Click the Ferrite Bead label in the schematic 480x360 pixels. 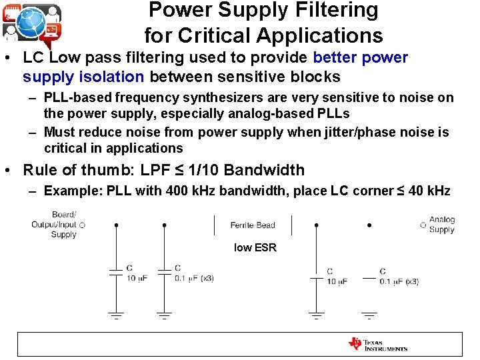253,225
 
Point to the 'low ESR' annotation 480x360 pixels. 255,247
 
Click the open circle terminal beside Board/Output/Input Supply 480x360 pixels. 82,225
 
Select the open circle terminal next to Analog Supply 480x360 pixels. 423,225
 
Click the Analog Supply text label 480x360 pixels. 442,225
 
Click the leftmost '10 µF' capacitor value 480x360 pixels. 137,279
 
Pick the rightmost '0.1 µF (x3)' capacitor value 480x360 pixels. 399,281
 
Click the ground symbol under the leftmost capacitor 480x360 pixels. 116,315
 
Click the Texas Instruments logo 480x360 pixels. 377,345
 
